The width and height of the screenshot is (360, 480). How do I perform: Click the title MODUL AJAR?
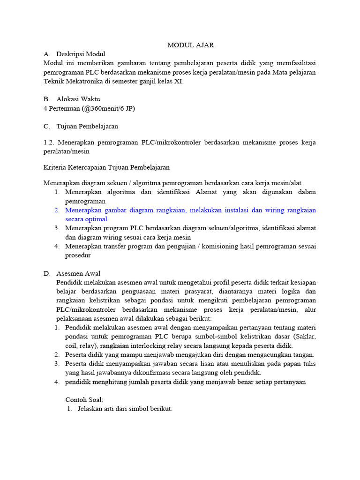(x=191, y=45)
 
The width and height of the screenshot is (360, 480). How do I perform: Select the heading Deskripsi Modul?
(x=81, y=54)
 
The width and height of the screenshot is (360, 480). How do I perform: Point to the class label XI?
(x=178, y=81)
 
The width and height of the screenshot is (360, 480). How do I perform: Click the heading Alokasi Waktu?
(x=78, y=99)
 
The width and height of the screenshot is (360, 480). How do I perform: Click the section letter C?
(x=46, y=126)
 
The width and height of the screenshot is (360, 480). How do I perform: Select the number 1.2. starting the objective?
(x=49, y=142)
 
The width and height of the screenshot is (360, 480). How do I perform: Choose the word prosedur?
(x=78, y=255)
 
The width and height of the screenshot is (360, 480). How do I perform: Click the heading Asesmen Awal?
(x=78, y=273)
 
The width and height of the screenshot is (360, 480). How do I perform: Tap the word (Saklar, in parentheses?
(x=303, y=336)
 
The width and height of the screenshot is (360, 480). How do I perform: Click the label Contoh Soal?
(x=84, y=399)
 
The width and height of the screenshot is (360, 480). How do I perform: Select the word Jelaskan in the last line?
(x=90, y=408)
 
